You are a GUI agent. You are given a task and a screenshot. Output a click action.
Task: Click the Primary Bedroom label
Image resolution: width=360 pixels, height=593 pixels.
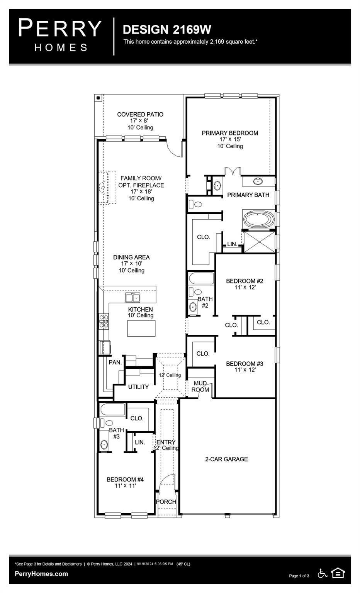[x=230, y=133]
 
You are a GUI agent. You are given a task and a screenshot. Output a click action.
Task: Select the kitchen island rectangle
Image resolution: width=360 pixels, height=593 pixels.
[x=141, y=329]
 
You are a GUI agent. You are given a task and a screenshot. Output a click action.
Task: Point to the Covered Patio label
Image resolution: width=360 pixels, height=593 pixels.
[x=140, y=115]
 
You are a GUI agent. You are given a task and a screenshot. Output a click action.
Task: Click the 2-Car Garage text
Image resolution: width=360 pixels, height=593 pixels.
[x=226, y=459]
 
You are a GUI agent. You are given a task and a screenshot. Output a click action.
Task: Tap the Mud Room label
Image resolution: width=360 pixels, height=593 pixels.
[x=200, y=386]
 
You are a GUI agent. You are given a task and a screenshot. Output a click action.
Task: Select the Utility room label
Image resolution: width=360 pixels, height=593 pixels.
[x=138, y=387]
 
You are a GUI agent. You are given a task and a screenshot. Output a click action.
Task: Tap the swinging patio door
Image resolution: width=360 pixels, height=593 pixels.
[x=174, y=149]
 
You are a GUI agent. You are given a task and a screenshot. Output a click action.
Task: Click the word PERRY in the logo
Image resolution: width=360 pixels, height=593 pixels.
[x=60, y=29]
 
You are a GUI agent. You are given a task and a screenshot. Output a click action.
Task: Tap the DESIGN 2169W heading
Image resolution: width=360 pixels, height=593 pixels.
[x=167, y=30]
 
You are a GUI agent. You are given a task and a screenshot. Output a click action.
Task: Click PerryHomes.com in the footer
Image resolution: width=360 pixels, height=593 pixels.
[x=41, y=574]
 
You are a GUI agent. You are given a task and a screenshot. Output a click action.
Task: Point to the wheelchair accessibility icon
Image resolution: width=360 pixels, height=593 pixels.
[x=322, y=573]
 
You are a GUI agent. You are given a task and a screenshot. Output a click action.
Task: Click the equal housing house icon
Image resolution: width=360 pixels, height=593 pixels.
[x=338, y=573]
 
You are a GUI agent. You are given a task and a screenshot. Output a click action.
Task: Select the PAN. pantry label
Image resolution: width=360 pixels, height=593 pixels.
[x=115, y=363]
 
